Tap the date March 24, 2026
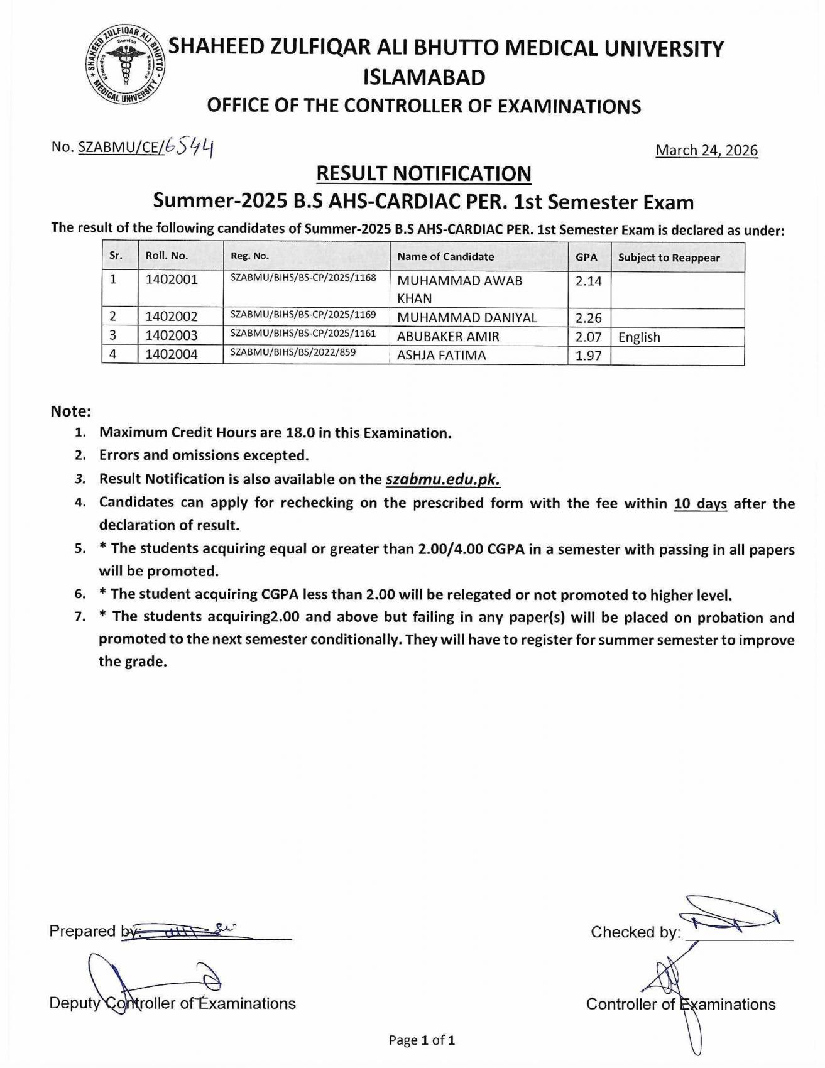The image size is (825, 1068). (706, 150)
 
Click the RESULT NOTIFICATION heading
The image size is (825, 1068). (423, 173)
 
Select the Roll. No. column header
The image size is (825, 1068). (167, 256)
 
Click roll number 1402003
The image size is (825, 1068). (172, 335)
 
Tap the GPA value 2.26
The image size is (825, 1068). (588, 318)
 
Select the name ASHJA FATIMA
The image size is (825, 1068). (441, 355)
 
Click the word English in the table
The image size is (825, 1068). (639, 337)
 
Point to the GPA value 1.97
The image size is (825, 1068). (588, 356)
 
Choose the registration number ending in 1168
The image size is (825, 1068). (303, 277)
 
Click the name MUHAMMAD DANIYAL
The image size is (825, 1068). (467, 318)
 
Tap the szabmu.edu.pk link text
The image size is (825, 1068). (442, 479)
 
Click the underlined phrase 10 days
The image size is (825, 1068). (700, 504)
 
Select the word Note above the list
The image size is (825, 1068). (71, 411)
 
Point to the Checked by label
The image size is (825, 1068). (635, 932)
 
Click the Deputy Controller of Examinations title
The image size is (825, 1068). (172, 1003)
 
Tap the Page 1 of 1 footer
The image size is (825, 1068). (422, 1040)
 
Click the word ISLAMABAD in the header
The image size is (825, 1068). (424, 77)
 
